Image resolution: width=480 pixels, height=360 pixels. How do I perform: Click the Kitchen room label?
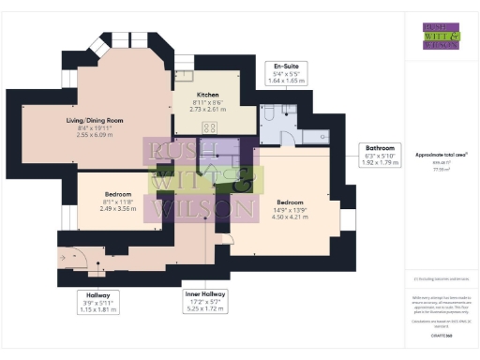208,95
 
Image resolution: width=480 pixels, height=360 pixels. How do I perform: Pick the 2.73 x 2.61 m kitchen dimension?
208,109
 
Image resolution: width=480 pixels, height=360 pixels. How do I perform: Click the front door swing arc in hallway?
77,259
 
